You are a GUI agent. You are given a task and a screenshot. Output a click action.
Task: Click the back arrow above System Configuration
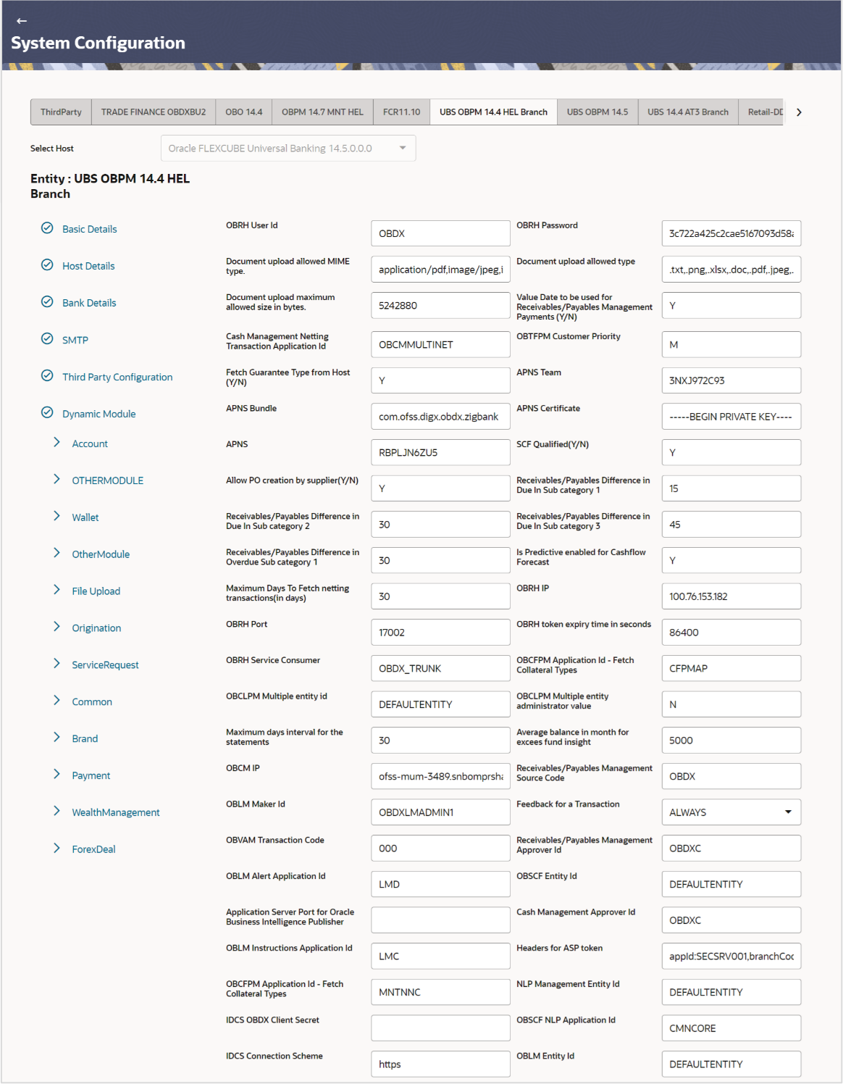[x=21, y=21]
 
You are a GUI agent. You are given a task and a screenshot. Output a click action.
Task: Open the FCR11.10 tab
[x=401, y=112]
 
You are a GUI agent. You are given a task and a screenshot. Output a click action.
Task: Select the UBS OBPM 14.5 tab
[x=597, y=112]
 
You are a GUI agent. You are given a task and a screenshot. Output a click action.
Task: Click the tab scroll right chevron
[x=799, y=112]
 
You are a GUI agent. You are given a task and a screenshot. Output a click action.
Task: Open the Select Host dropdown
[x=288, y=149]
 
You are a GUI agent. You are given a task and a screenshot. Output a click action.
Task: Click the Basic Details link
[x=89, y=229]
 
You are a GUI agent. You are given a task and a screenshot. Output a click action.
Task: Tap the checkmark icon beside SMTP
[x=47, y=339]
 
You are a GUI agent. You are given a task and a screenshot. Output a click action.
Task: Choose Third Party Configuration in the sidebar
[x=117, y=377]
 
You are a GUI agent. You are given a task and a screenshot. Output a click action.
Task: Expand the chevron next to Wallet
[x=56, y=516]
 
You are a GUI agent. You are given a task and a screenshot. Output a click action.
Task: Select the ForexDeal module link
[x=93, y=849]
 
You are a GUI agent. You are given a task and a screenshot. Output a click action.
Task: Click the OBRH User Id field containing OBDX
[x=440, y=233]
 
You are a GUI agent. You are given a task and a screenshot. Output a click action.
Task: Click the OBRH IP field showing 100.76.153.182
[x=731, y=596]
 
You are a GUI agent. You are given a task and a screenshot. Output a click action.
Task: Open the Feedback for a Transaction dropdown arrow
[x=788, y=812]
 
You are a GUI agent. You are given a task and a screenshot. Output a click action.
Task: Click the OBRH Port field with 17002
[x=440, y=633]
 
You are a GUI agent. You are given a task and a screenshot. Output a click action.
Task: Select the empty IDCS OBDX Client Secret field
[x=440, y=1028]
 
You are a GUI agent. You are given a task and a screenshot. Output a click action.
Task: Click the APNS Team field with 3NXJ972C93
[x=731, y=380]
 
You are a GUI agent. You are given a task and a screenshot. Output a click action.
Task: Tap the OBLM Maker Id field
[x=440, y=812]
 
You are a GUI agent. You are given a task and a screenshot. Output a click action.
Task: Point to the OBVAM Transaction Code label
[x=274, y=841]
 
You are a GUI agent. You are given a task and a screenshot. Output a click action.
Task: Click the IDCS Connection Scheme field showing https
[x=440, y=1064]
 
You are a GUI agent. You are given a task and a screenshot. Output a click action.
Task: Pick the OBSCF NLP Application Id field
[x=731, y=1028]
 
